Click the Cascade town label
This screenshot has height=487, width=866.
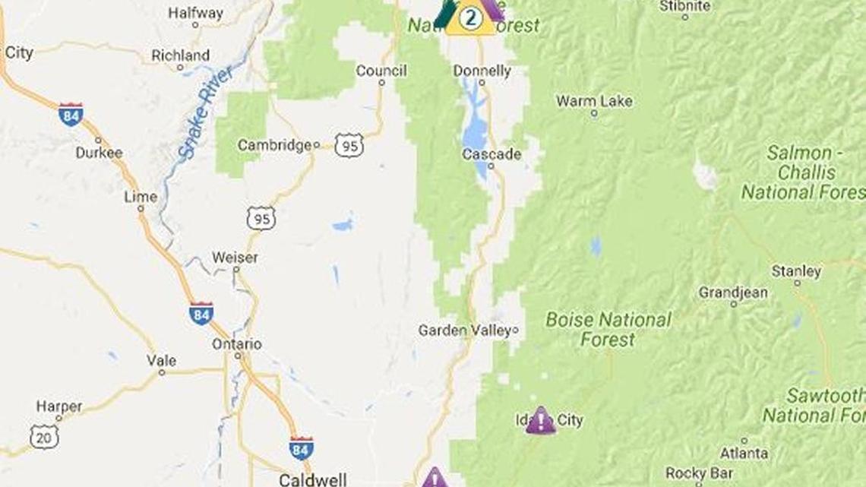click(x=492, y=154)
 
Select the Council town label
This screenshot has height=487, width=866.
click(x=381, y=71)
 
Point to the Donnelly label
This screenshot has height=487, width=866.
click(x=482, y=71)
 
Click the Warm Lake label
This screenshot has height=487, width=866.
click(x=594, y=101)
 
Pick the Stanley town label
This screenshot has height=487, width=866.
click(x=796, y=271)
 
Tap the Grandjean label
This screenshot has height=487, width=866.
click(x=732, y=293)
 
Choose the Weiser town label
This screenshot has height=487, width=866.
click(x=235, y=258)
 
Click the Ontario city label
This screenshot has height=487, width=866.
click(x=237, y=344)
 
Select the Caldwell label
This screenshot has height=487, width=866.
click(x=313, y=479)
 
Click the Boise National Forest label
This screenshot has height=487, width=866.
click(x=608, y=329)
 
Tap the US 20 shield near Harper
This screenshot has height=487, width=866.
click(x=44, y=436)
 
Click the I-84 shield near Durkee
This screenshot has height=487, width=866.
click(x=71, y=114)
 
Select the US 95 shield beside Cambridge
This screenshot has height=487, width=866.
click(x=349, y=145)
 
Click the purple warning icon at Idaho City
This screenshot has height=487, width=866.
click(x=540, y=420)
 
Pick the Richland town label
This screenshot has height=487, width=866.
click(x=180, y=55)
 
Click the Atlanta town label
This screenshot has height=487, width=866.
click(x=744, y=454)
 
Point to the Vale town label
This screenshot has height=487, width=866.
click(x=162, y=361)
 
